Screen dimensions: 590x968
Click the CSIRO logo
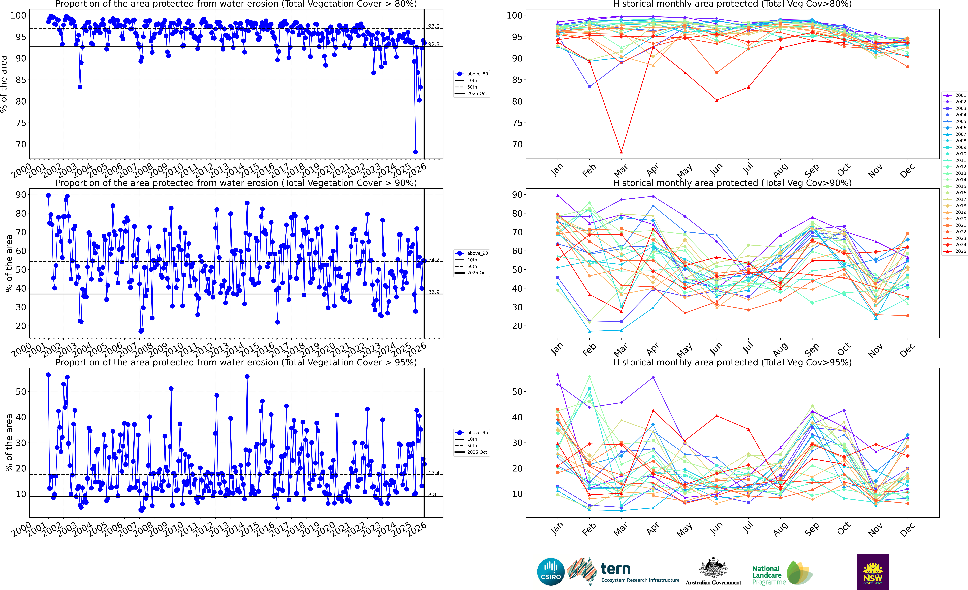pos(550,571)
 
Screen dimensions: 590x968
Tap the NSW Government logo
pos(873,571)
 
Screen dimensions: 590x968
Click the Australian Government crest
pos(713,571)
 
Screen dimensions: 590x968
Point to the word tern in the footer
pos(616,569)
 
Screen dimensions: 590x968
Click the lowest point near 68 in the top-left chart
pos(415,152)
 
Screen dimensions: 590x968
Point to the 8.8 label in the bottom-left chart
pos(432,495)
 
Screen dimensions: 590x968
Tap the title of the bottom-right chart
pos(732,362)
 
